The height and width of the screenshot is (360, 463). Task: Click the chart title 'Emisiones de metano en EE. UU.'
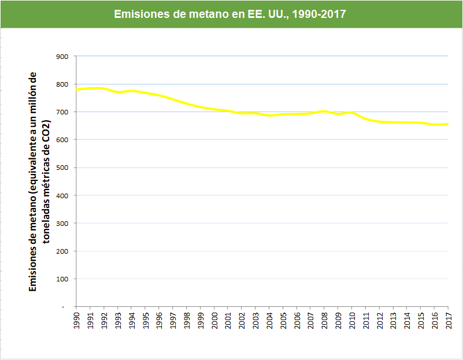point(230,14)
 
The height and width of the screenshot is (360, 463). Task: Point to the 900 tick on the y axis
point(62,57)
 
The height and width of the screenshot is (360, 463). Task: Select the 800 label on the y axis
point(62,84)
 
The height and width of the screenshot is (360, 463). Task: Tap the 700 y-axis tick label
point(62,112)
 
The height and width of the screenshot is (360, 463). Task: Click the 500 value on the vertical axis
point(62,168)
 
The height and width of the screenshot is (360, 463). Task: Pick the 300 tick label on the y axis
point(62,223)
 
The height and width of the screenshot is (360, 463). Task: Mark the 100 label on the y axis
point(62,279)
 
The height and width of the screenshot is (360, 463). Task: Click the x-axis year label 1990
point(77,321)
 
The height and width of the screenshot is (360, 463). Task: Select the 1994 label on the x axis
point(132,321)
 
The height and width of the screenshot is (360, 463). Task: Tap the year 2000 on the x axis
point(214,321)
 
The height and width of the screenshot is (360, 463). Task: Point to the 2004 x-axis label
point(269,321)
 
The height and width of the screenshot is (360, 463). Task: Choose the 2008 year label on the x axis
point(324,321)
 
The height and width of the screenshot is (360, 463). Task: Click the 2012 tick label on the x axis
point(380,321)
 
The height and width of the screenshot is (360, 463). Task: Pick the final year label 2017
point(449,321)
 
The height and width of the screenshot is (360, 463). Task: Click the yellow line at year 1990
point(77,90)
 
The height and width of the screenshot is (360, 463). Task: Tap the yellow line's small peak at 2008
point(324,112)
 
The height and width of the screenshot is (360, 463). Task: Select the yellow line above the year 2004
point(269,116)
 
